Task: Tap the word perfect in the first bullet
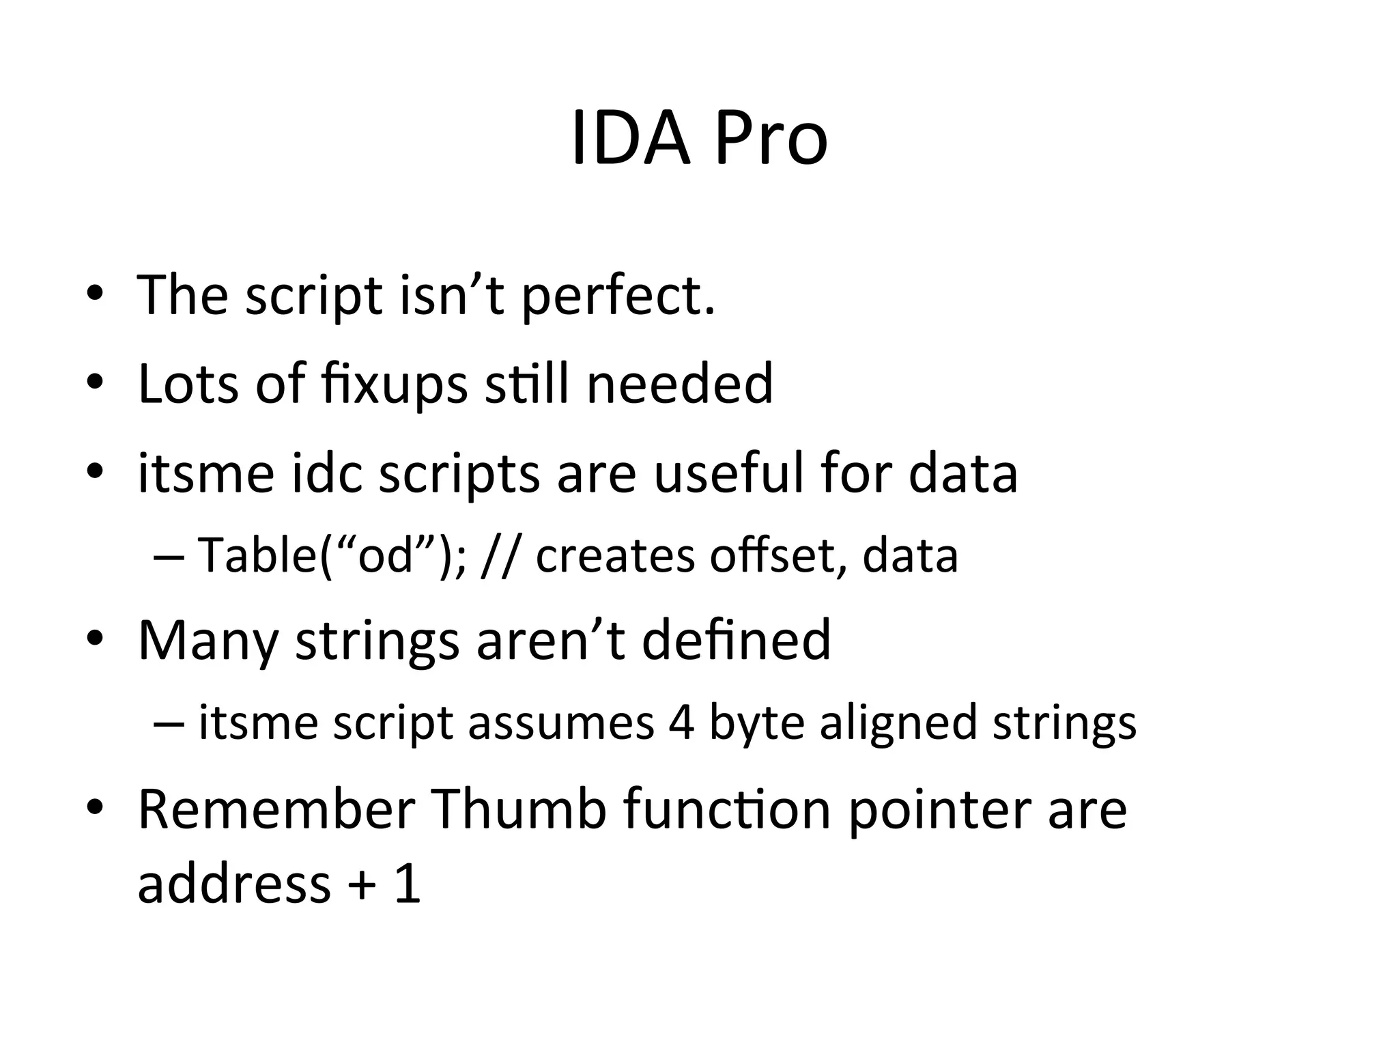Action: tap(618, 296)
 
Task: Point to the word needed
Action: tap(679, 384)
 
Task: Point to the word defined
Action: tap(737, 641)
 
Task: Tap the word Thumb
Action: tap(519, 809)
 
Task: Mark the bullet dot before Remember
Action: tap(95, 808)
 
